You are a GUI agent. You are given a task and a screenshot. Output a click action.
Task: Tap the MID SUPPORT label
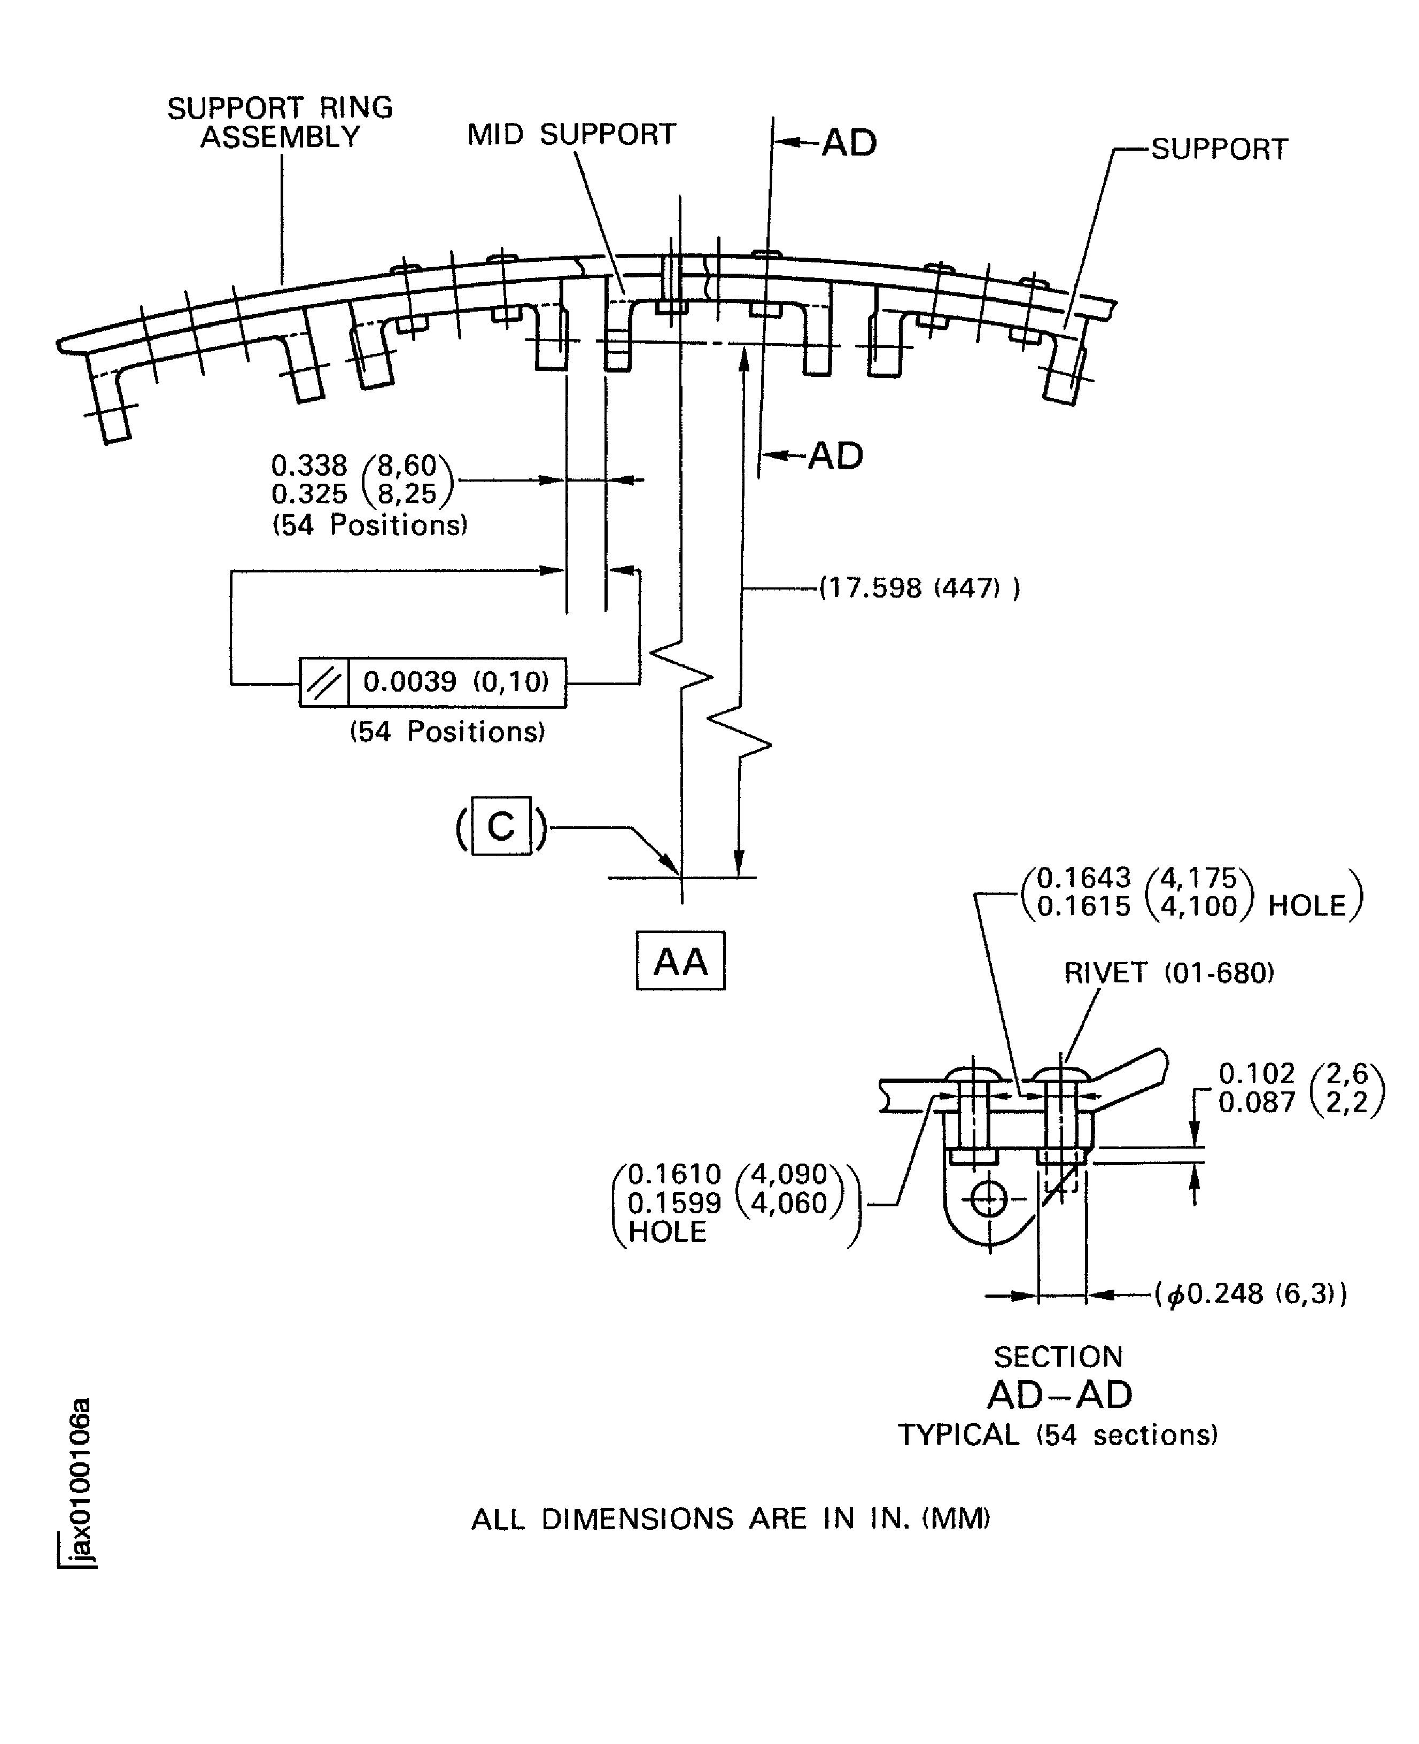[x=571, y=134]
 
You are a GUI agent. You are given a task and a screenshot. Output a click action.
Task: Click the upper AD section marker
[x=848, y=143]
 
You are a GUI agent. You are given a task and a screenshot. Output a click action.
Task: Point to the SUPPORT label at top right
[x=1219, y=150]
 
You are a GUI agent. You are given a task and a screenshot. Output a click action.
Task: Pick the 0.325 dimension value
[x=309, y=494]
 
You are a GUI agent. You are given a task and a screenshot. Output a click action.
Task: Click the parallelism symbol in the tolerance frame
[x=324, y=681]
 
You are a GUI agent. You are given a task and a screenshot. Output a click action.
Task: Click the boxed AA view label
[x=680, y=961]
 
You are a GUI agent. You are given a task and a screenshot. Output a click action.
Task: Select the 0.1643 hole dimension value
[x=1083, y=878]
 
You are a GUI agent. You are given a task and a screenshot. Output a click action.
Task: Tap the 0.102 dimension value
[x=1257, y=1073]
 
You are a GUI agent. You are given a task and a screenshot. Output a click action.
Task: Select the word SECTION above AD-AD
[x=1058, y=1357]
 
